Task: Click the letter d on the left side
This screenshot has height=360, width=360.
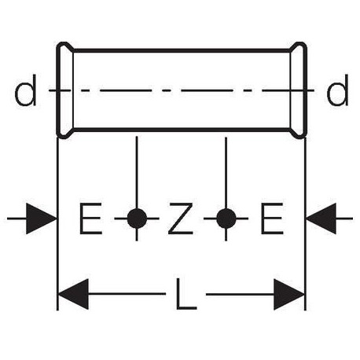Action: [x=25, y=90]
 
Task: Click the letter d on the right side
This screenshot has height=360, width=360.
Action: [x=338, y=90]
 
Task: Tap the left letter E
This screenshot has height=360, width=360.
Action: [x=90, y=219]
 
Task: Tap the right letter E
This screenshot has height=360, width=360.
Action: [x=272, y=219]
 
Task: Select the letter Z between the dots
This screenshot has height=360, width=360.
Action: [x=181, y=219]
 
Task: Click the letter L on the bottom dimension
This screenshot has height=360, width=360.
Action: [x=186, y=294]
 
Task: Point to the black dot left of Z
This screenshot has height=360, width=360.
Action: [x=137, y=219]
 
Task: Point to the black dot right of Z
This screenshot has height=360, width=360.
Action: [x=226, y=219]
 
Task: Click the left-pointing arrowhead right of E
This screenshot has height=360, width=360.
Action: [x=321, y=219]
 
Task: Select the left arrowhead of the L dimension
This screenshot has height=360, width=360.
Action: [x=73, y=294]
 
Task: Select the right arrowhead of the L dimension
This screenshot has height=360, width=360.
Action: [x=289, y=294]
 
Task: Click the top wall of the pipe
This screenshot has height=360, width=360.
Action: [x=182, y=50]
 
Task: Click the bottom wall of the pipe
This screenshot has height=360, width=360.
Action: [x=182, y=130]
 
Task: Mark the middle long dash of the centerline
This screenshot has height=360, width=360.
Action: [x=207, y=90]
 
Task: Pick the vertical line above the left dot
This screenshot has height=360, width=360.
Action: [x=137, y=172]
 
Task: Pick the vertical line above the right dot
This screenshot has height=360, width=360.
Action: [x=226, y=172]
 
